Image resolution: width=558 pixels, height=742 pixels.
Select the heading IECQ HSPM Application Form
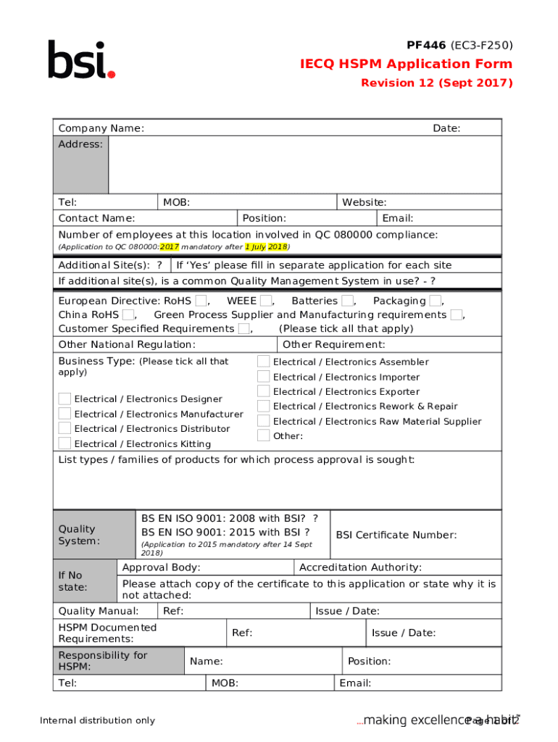coord(407,64)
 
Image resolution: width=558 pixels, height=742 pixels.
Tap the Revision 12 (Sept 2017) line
coord(436,83)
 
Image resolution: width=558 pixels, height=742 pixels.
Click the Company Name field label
coord(101,128)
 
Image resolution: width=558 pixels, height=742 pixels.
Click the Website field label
coord(364,202)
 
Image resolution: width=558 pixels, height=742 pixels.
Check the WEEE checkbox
coord(266,301)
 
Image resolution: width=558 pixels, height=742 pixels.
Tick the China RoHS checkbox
coord(128,315)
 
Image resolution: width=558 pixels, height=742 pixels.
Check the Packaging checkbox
coord(435,301)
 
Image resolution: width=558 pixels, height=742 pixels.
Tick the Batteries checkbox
coord(348,301)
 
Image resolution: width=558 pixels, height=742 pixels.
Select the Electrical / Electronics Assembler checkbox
coord(264,362)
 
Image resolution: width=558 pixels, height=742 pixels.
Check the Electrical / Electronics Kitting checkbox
coord(65,443)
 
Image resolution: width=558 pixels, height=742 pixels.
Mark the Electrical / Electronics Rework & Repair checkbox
coord(264,407)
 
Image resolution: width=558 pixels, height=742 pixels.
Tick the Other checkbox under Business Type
coord(264,435)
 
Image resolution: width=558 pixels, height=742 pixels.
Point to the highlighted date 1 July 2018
coord(266,247)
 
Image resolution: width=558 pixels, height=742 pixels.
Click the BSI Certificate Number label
coord(396,535)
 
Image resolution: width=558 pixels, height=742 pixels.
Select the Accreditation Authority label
coord(360,567)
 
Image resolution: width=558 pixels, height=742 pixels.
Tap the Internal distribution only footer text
coord(97,720)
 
